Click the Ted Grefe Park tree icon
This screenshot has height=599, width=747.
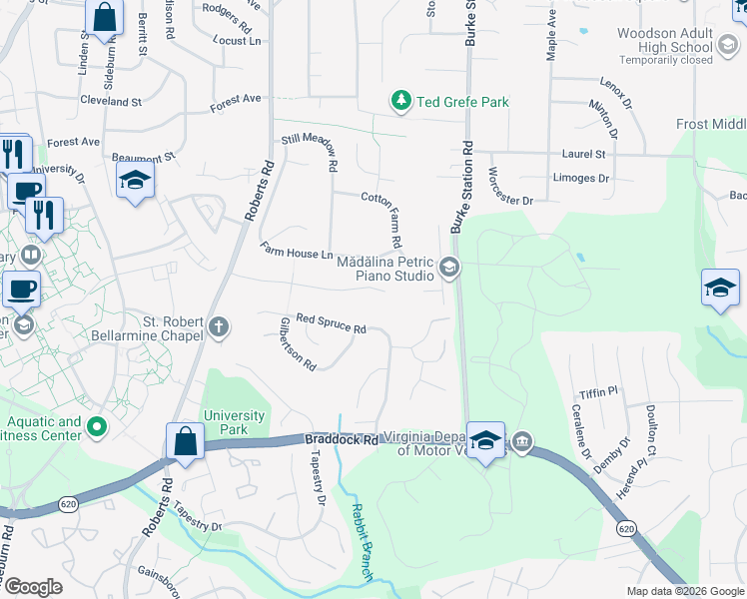coord(400,101)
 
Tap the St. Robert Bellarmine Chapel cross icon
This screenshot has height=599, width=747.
coord(219,326)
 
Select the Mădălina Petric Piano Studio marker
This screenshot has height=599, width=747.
coord(448,268)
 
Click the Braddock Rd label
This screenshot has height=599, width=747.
coord(342,439)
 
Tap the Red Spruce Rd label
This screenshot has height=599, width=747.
coord(331,322)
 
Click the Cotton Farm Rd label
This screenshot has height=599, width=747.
coord(382,220)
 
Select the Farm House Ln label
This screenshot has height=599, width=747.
coord(297,251)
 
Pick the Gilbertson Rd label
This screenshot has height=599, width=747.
coord(298,343)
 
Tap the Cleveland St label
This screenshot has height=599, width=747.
coord(111,102)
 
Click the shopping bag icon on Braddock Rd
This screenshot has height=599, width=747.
coord(186,442)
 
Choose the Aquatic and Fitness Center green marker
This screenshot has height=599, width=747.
coord(97,428)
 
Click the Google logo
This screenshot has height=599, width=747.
coord(32,587)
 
